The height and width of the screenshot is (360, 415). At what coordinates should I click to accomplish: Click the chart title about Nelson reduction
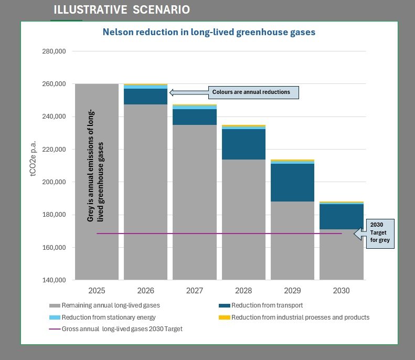click(x=209, y=32)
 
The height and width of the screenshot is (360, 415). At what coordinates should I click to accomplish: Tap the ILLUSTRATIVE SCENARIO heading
click(x=122, y=10)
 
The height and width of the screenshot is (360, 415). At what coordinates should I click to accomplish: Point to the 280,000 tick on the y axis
click(x=52, y=51)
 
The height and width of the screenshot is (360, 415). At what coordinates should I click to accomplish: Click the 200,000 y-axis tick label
click(x=52, y=182)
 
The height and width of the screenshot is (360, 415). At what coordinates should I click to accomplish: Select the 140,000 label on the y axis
click(x=52, y=280)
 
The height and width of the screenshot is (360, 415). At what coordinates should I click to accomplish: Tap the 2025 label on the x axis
click(x=97, y=290)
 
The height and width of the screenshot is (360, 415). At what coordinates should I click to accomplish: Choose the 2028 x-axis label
click(x=243, y=290)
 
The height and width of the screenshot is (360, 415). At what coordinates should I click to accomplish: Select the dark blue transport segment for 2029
click(x=292, y=183)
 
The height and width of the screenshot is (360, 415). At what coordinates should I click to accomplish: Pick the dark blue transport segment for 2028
click(x=243, y=144)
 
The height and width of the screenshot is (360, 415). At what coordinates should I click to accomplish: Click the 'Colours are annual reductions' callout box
click(x=251, y=92)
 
